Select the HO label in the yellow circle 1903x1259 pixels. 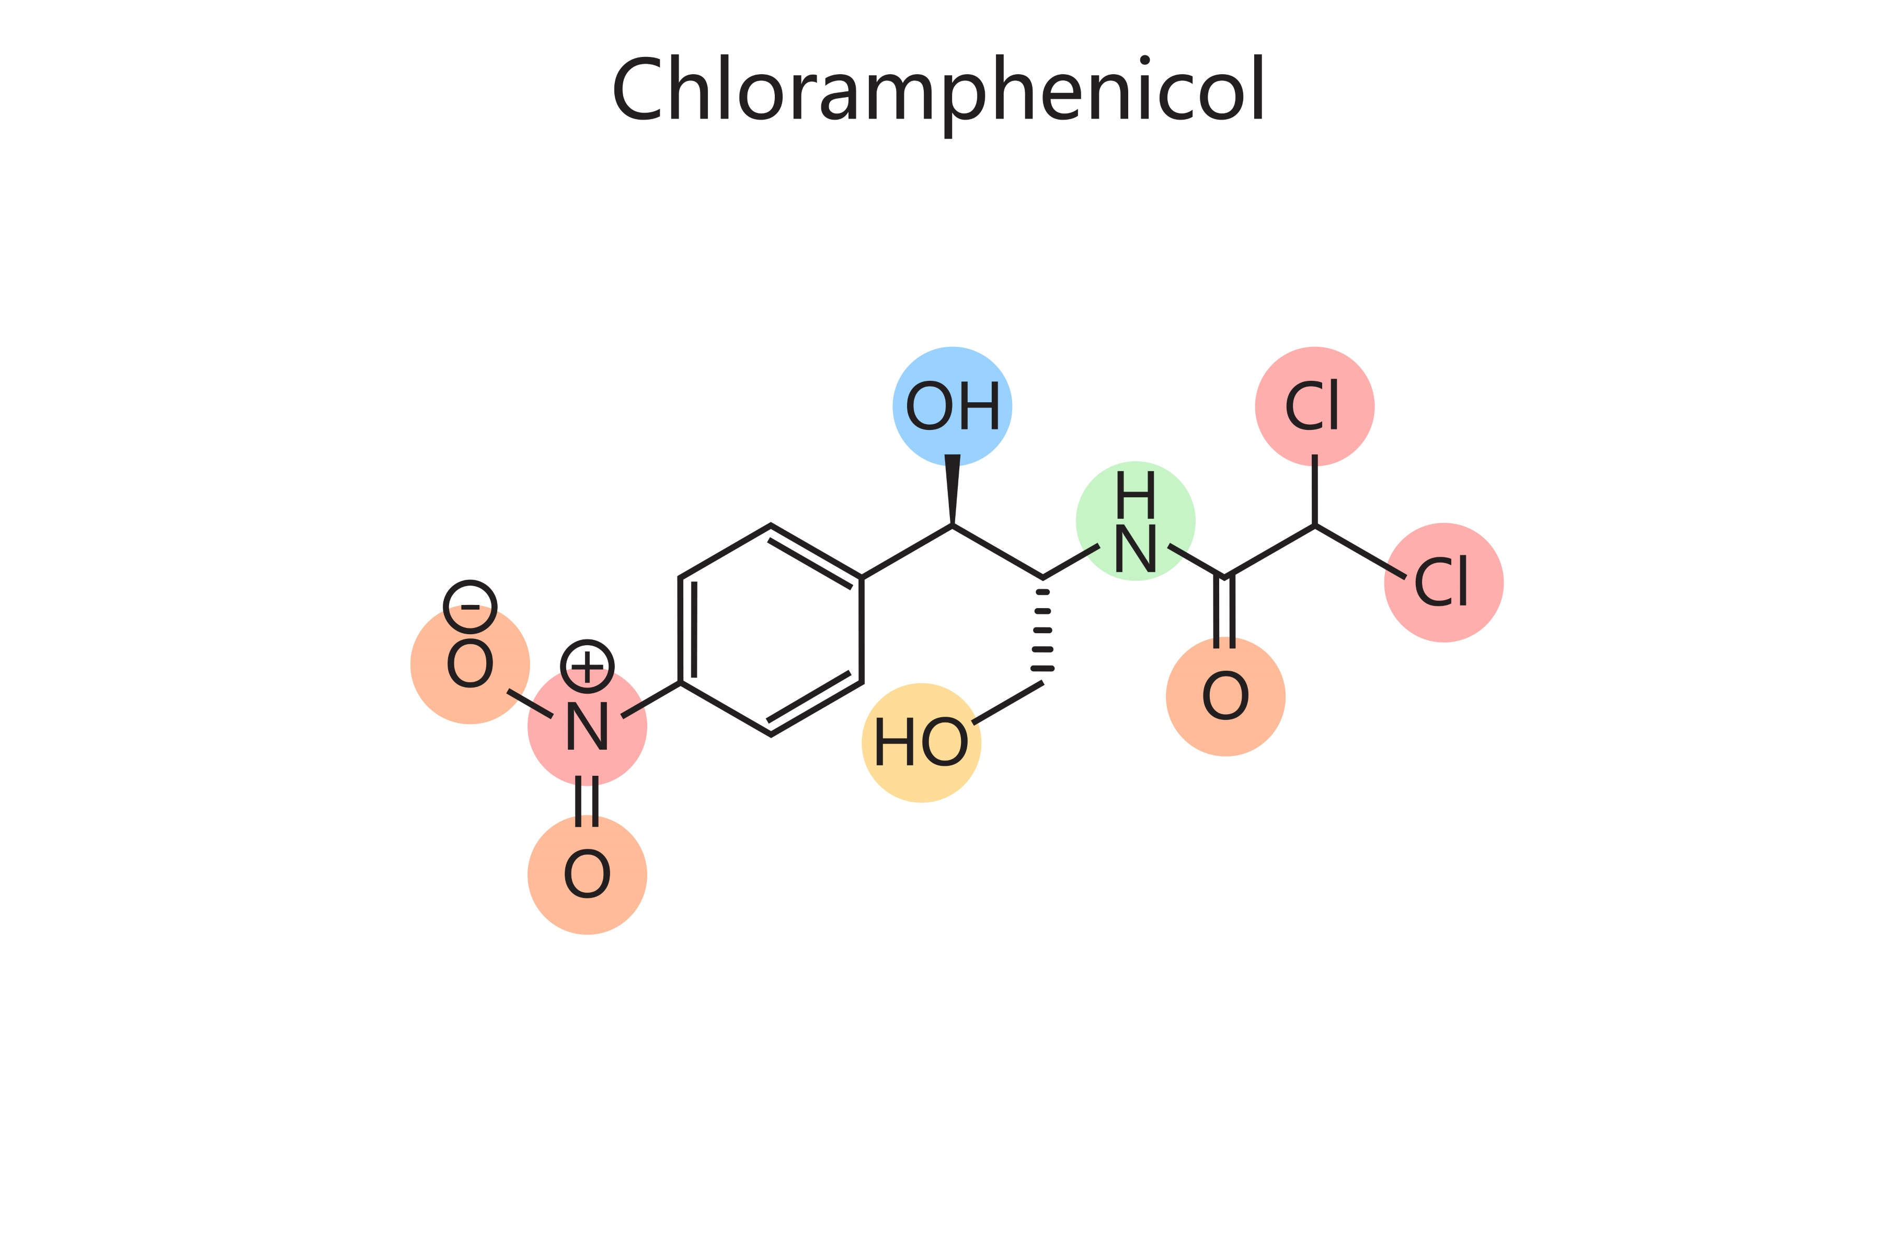point(921,741)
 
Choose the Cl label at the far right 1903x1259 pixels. point(1441,581)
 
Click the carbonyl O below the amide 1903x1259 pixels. point(1225,696)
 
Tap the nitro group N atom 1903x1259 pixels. point(587,726)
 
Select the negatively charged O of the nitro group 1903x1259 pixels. point(470,664)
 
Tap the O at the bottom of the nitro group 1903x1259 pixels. point(587,875)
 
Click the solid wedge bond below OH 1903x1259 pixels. point(952,489)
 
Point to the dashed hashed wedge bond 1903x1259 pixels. point(1042,631)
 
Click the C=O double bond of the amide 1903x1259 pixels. point(1224,612)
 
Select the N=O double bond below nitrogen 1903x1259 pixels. point(587,801)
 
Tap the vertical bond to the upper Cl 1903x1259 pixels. point(1315,490)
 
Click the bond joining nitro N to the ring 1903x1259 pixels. point(651,700)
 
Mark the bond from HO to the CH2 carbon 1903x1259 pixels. point(1007,703)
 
